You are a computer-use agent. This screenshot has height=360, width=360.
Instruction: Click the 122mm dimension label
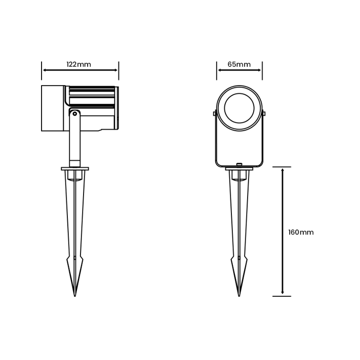point(79,64)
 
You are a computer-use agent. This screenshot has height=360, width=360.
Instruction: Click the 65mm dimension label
point(239,64)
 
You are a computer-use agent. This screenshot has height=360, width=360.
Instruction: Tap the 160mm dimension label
point(301,232)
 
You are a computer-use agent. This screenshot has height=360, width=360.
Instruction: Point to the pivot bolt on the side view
point(74,113)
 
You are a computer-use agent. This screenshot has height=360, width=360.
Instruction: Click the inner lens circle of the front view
point(239,108)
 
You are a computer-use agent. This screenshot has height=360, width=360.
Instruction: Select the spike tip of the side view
point(75,296)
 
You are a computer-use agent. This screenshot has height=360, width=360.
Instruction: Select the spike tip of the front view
point(239,296)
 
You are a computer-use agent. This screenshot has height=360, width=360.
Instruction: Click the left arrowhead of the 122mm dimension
point(45,70)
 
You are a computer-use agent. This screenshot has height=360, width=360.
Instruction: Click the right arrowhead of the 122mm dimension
point(116,70)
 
